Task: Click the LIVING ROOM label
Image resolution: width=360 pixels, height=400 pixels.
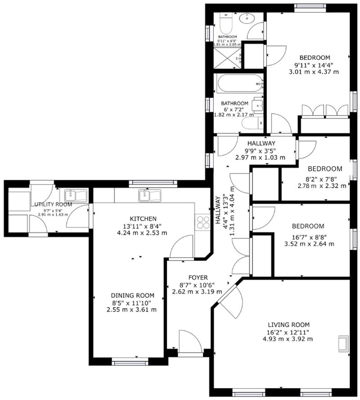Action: [x=288, y=324]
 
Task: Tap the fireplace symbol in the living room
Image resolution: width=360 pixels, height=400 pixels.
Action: [x=343, y=343]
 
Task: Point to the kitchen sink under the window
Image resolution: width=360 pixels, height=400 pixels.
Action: [x=149, y=195]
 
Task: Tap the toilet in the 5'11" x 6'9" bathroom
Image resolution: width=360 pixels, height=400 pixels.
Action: [x=225, y=21]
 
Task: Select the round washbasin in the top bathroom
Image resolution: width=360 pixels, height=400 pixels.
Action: [x=247, y=19]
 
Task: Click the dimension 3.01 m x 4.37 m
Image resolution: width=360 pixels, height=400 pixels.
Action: [x=315, y=72]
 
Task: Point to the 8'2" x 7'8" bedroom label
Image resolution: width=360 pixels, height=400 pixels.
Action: [x=324, y=169]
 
